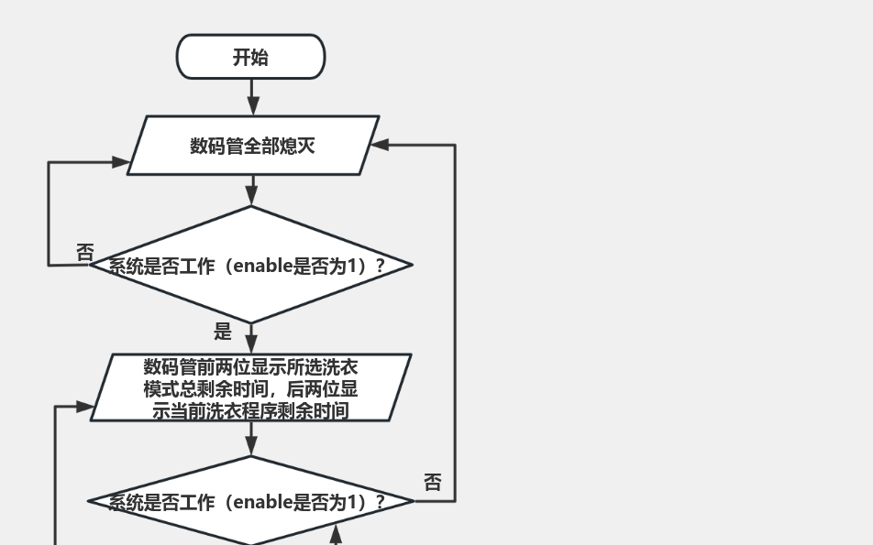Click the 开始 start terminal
pos(250,57)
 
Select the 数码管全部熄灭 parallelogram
pos(252,145)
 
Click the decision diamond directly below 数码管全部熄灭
pos(250,265)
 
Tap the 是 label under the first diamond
pos(223,332)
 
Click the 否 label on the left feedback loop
pos(85,252)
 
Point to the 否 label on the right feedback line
pos(433,483)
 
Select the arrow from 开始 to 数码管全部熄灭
pos(252,97)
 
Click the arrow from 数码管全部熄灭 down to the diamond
pos(252,191)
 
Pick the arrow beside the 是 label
pos(252,338)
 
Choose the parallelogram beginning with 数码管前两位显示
pos(250,387)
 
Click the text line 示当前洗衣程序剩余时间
pos(250,410)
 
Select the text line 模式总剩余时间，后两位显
pos(250,388)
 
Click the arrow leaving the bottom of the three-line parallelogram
pos(252,439)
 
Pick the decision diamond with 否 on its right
pos(250,501)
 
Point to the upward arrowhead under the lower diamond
pos(337,533)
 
